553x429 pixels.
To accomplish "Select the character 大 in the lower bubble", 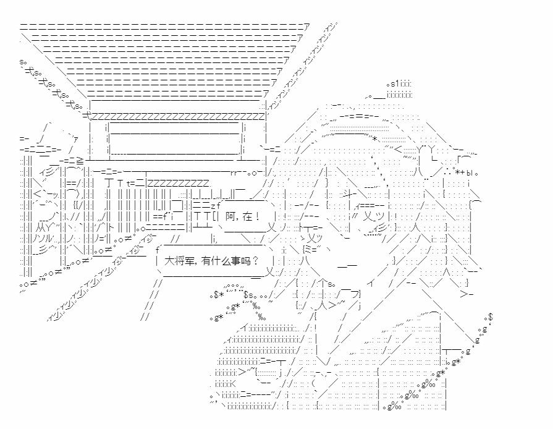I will [171, 260].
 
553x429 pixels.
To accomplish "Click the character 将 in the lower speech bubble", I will [181, 260].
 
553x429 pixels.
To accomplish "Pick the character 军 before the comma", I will [191, 260].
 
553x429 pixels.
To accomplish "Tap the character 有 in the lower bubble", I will [207, 260].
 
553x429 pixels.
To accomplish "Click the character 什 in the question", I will [217, 260].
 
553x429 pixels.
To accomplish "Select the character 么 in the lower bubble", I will [227, 260].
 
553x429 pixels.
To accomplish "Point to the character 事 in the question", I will [237, 260].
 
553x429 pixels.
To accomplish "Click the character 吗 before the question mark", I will [247, 260].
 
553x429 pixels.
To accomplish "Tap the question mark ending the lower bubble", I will [256, 260].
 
